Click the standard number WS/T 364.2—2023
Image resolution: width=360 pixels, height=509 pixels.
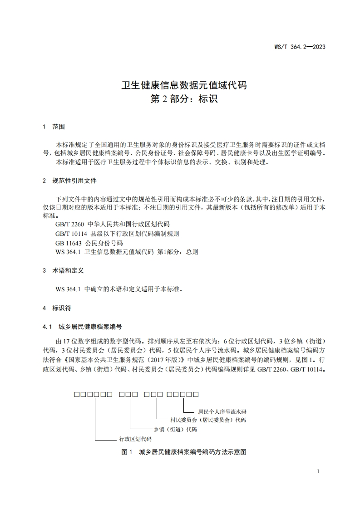point(300,47)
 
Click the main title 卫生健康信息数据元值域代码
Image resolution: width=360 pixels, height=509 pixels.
point(184,85)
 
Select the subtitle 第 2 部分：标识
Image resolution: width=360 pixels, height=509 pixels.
point(184,98)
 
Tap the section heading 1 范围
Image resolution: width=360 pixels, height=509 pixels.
point(54,127)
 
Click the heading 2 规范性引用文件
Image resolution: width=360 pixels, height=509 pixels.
point(69,181)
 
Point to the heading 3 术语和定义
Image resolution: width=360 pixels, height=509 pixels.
point(63,270)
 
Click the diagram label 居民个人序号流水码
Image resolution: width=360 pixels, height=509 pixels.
point(222,411)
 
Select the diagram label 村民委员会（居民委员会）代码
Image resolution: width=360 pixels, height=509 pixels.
point(208,420)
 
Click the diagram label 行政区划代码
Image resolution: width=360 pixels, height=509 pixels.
point(135,439)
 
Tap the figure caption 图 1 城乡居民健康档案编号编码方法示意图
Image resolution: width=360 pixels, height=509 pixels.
point(184,452)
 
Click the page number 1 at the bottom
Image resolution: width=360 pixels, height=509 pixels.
point(318,471)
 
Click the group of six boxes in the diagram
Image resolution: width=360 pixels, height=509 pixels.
point(94,394)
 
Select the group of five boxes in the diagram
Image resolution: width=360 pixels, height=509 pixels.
point(182,394)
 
